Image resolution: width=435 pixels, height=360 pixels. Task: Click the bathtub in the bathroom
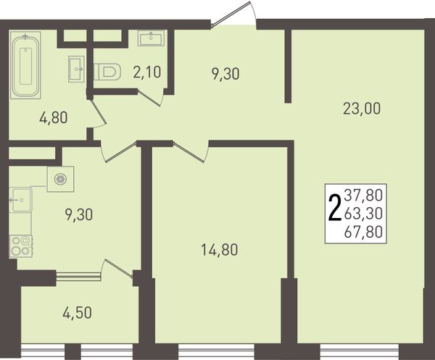coord(25,65)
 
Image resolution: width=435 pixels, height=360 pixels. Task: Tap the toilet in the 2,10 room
coord(107,72)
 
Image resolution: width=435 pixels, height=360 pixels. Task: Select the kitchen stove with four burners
coord(21,246)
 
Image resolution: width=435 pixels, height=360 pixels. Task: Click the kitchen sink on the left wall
coord(20,200)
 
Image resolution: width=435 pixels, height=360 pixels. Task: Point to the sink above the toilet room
coord(151,38)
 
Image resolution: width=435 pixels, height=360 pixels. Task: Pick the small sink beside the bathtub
coord(76,69)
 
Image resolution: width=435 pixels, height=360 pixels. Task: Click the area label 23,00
coord(362,109)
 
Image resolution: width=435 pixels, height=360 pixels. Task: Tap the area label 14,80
coord(219,250)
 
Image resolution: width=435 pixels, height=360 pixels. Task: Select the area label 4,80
coord(54,118)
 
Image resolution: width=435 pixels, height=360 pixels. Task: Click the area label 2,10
coord(147,72)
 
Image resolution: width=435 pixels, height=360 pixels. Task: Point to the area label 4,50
coord(77,313)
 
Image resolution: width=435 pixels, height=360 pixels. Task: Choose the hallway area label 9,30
coord(225,74)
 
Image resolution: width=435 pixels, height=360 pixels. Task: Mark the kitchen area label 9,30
coord(79,215)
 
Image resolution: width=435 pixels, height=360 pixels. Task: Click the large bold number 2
coord(334,208)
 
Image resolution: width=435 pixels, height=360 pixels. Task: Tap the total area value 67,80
coord(363,232)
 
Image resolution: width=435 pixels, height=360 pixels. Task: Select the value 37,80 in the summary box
coord(363,195)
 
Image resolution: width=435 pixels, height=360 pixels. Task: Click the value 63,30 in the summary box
coord(363,214)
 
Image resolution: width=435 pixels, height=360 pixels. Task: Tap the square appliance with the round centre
coord(60,179)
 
